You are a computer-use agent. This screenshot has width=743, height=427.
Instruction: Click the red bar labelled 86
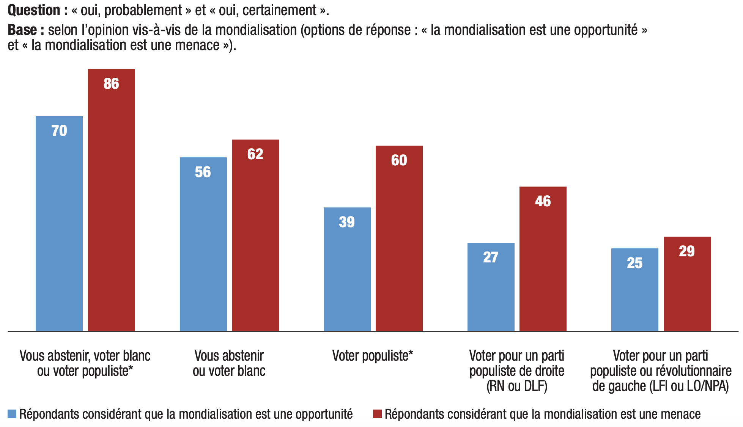click(x=112, y=200)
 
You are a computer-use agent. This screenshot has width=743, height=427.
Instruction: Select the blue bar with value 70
click(x=59, y=223)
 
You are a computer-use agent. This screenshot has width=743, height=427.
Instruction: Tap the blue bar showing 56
click(x=203, y=244)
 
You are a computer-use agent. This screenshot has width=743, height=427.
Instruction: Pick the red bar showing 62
click(x=255, y=235)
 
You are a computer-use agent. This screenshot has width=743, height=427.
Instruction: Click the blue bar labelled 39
click(x=347, y=269)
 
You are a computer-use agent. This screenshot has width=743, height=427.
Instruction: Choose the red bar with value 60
click(x=399, y=238)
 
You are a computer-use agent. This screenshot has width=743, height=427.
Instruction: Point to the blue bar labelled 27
click(x=491, y=287)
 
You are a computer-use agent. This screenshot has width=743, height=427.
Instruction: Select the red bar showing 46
click(x=543, y=259)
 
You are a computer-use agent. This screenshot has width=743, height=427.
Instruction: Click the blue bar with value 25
click(x=634, y=289)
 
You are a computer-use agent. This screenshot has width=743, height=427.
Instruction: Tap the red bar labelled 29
click(x=687, y=284)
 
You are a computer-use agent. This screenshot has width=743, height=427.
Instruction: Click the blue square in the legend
click(x=12, y=414)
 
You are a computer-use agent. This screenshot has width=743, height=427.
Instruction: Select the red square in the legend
click(x=377, y=414)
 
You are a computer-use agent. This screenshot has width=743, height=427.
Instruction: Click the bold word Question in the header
click(x=34, y=10)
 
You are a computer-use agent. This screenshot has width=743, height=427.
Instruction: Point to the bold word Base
click(x=22, y=30)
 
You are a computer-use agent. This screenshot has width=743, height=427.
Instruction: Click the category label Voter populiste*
click(x=372, y=356)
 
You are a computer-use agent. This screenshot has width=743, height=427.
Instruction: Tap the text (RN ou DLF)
click(x=517, y=386)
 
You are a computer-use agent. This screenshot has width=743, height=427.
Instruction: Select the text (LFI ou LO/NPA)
click(x=689, y=386)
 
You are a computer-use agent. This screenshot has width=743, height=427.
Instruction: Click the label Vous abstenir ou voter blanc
click(x=229, y=363)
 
